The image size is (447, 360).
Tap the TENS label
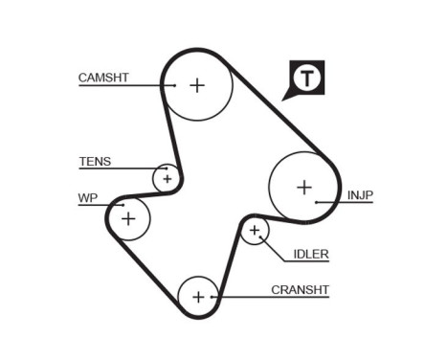coord(95,161)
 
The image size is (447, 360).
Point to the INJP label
coord(360,195)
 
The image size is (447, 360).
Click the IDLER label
coord(310,254)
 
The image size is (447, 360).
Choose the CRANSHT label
coord(300,287)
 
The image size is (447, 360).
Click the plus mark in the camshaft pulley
coord(196,85)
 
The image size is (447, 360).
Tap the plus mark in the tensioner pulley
coord(167,178)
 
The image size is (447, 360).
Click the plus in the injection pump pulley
coord(303,187)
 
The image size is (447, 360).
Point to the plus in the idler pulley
coord(254,230)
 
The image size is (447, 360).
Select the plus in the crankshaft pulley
coord(198,297)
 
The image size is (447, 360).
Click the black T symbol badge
coord(305,78)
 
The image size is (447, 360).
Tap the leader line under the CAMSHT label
coord(124,85)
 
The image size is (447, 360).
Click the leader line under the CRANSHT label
coord(273,298)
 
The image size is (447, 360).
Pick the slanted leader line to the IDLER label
coord(274,248)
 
